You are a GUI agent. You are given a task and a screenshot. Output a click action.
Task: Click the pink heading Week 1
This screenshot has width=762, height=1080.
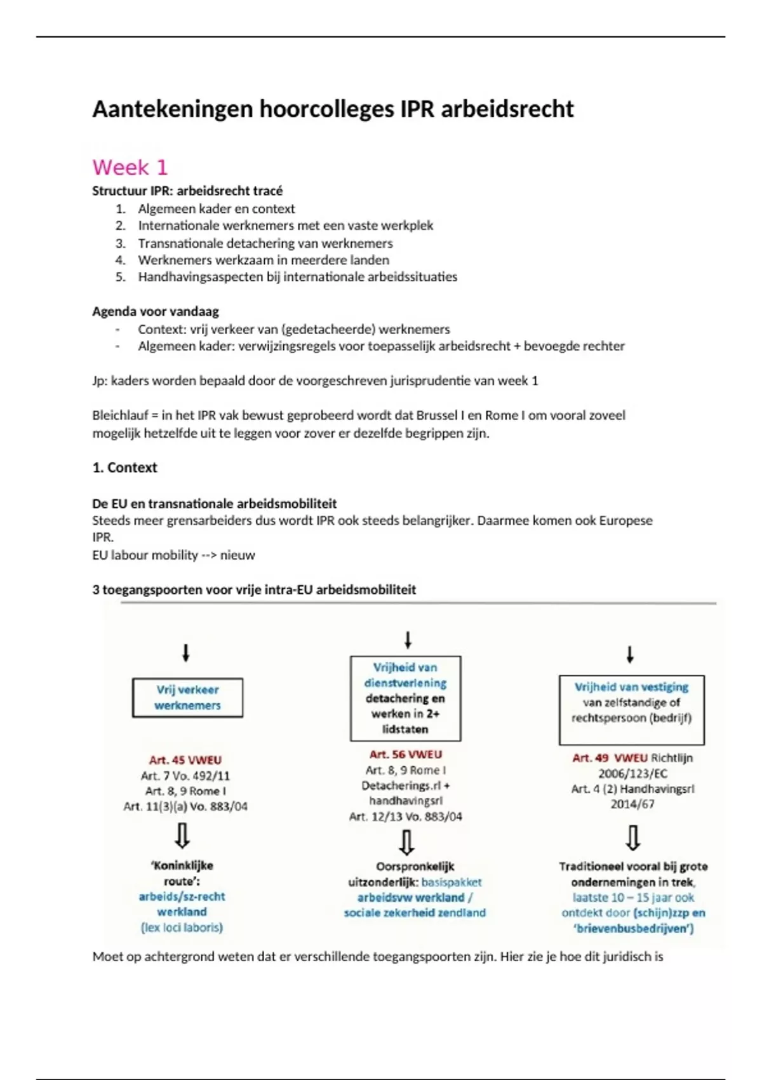point(130,167)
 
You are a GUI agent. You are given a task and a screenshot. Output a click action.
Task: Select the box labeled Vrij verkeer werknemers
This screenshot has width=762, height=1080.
point(187,698)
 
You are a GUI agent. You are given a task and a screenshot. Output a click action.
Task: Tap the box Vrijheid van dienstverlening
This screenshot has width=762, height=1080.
point(405,698)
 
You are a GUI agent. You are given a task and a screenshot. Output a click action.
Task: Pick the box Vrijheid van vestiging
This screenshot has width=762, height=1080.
point(631,710)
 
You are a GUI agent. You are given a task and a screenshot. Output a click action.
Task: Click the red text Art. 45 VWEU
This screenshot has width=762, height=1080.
point(185,760)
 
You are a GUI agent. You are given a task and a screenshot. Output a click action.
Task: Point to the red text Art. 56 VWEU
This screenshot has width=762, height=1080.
point(405,754)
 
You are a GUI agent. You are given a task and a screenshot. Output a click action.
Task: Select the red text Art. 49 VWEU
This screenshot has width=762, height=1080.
point(610,758)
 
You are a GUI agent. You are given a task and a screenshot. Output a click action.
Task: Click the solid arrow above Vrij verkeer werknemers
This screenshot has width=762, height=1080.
point(185,653)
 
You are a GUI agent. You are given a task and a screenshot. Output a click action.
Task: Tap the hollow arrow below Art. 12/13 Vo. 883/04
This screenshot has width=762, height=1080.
point(406,842)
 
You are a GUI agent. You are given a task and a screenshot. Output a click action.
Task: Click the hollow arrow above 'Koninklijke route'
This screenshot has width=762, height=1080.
point(182,836)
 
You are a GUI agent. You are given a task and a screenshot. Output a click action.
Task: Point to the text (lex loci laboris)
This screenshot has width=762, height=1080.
point(182,928)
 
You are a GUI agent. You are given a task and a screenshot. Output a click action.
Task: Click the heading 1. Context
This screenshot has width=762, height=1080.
point(124,468)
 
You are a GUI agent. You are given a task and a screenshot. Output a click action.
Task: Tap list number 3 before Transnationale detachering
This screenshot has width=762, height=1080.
point(121,243)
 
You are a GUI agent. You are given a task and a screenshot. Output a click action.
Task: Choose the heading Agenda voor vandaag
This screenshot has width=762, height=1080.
point(156,311)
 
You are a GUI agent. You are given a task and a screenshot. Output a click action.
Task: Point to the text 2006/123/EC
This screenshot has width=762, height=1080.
point(632,773)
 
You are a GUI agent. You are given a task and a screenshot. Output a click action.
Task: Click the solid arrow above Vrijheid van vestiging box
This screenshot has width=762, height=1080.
point(630,654)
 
